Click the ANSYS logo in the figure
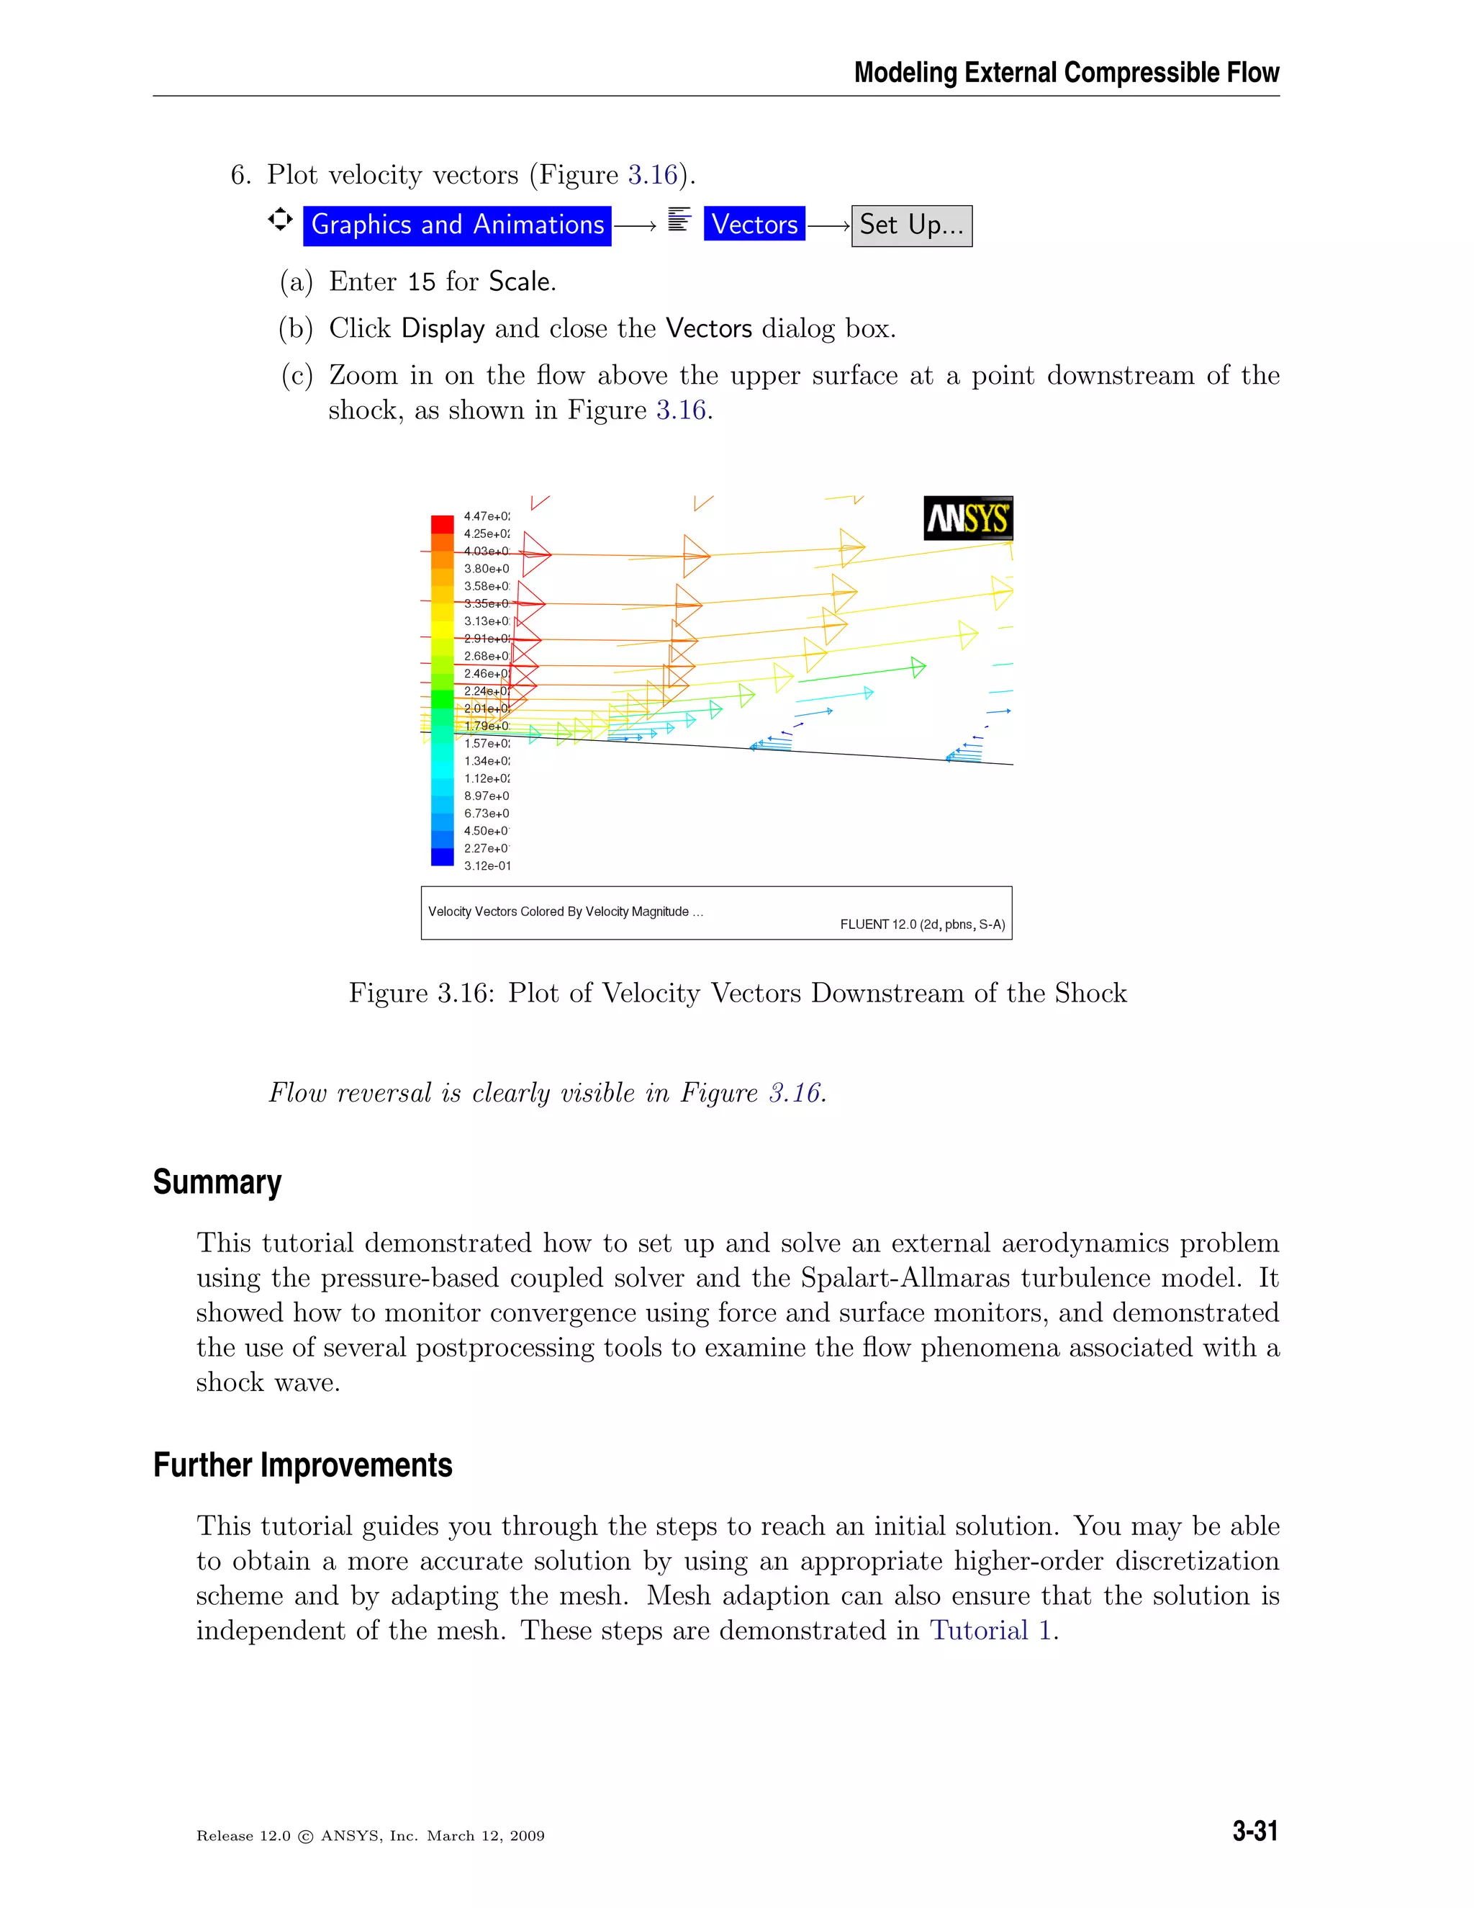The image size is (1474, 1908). tap(967, 518)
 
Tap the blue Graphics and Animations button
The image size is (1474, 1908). tap(457, 225)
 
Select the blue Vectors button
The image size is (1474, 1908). tap(754, 225)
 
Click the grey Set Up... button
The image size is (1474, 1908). tap(910, 225)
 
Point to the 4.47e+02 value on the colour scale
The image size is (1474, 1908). tap(487, 516)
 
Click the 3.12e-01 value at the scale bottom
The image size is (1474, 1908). tap(487, 865)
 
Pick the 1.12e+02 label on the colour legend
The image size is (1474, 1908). tap(487, 778)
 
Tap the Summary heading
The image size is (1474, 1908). tap(217, 1182)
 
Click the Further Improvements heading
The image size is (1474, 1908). tap(302, 1465)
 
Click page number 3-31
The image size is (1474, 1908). tap(1254, 1831)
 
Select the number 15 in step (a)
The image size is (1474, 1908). tap(421, 282)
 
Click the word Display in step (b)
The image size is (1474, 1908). tap(443, 328)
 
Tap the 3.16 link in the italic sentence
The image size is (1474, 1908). tap(794, 1093)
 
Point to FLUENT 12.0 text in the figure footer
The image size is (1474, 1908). tap(921, 924)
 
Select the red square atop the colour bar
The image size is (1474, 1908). tap(442, 524)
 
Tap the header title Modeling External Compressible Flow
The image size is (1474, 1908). tap(1066, 73)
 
